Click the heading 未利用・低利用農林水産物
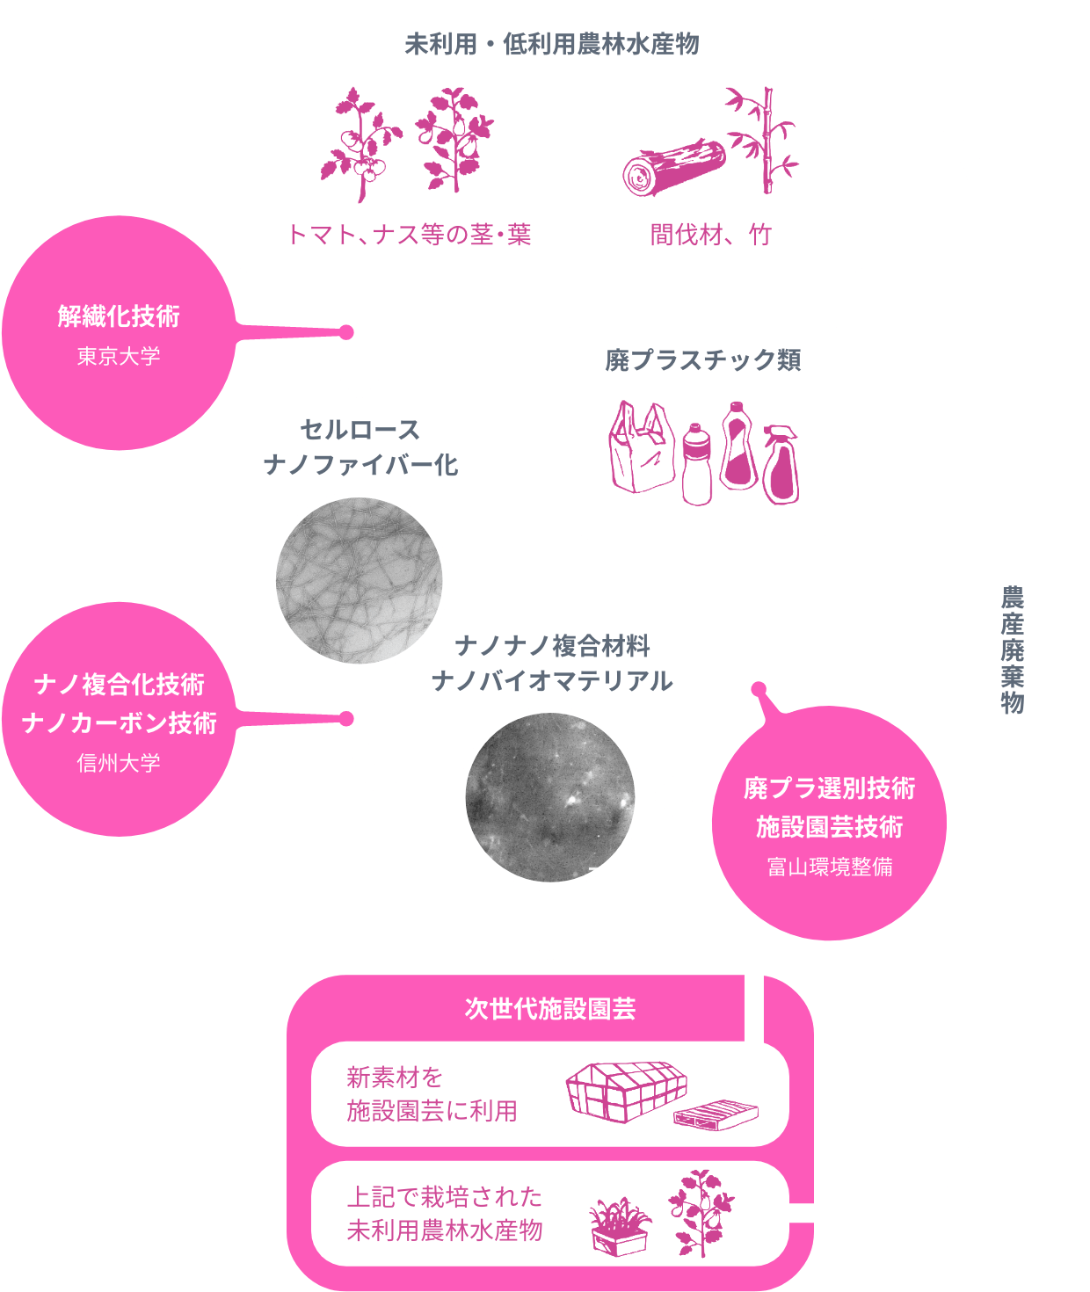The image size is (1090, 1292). coord(551,44)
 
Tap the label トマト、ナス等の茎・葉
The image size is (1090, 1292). coord(410,235)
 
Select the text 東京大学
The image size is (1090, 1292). coord(119,356)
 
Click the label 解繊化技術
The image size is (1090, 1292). coord(119,316)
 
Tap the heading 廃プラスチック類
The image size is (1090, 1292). coord(702,360)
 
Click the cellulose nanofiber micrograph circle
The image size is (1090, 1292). coord(359,580)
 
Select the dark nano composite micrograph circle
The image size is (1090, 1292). coord(550,798)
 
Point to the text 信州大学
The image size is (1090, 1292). coord(119,763)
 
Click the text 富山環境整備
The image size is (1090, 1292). coord(829,867)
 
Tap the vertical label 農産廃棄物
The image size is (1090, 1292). coord(1013,650)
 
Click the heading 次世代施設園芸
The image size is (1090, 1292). coord(550,1009)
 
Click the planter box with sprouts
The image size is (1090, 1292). coord(620,1226)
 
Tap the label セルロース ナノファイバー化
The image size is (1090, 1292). coord(360,446)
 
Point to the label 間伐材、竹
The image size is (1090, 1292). coord(710,235)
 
